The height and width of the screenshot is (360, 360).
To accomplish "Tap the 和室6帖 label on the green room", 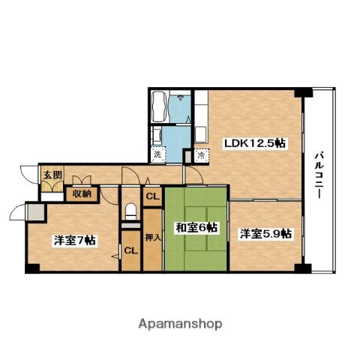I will [x=196, y=226].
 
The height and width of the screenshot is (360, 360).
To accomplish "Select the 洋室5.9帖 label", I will [x=265, y=234].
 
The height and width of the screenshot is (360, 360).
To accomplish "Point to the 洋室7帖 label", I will [x=73, y=240].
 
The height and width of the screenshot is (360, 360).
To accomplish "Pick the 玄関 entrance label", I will [x=52, y=175].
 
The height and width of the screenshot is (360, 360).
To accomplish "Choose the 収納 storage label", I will [x=82, y=193].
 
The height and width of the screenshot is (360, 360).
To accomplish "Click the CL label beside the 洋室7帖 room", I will [x=130, y=250].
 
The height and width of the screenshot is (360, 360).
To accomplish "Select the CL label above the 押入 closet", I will [x=151, y=197].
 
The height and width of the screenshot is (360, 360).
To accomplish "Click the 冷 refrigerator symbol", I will [x=201, y=155].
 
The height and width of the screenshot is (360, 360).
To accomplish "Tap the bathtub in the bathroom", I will [x=159, y=108].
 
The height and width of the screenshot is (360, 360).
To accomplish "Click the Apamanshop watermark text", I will [x=180, y=325].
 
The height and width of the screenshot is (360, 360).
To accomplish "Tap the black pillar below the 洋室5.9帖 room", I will [x=301, y=268].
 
